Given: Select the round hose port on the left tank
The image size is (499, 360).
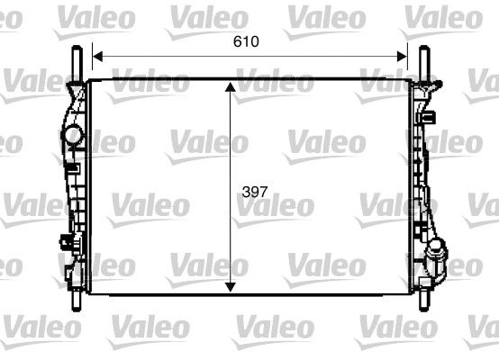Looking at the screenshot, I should tap(71, 137).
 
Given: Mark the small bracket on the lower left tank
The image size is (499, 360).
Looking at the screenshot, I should tap(65, 241).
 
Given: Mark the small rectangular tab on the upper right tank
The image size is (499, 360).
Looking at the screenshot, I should tap(431, 116).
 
